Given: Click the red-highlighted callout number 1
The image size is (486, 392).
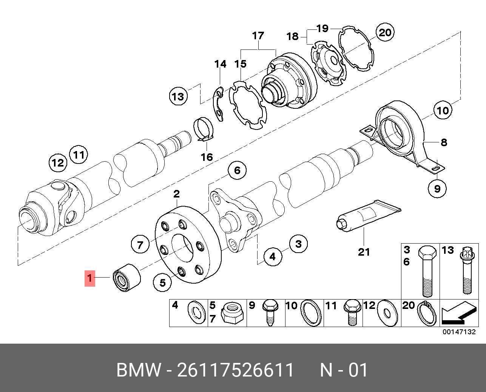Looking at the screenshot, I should point(89,279).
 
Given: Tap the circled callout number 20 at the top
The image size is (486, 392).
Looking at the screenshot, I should point(385,32).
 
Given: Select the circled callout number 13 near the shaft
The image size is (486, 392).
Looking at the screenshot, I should point(178,96).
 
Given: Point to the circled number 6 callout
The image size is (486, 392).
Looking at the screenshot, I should point(237,170).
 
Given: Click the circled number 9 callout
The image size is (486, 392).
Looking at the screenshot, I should point(437,188).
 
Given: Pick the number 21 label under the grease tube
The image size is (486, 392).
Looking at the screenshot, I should point(364,252).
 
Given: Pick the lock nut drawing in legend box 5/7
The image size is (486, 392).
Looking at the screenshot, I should point(231,313).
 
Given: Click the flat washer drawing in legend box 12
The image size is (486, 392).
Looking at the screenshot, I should point(387,313).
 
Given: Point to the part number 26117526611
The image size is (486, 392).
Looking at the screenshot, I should point(236,370).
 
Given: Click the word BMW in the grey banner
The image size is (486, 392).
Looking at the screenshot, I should point(139,370).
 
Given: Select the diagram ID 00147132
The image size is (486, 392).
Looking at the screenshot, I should point(459,332).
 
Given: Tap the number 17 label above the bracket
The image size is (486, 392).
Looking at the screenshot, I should point(258,36).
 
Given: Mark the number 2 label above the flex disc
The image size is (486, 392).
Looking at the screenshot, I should point(176,194).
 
